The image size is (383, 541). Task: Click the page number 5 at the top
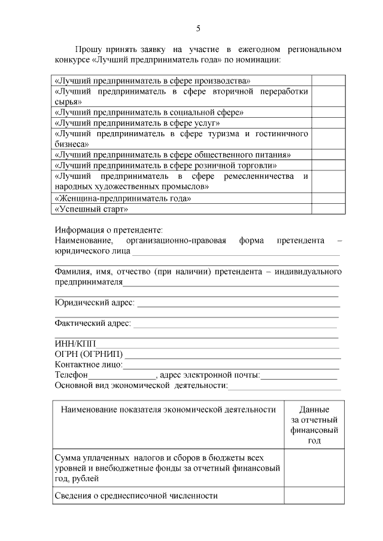click(x=198, y=28)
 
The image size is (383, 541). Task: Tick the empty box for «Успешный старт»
click(x=328, y=209)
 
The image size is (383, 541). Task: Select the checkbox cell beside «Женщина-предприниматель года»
click(x=328, y=198)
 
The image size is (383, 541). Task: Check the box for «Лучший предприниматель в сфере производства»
click(x=328, y=80)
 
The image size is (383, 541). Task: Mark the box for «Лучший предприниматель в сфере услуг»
click(x=328, y=123)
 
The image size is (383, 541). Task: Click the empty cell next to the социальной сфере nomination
click(x=328, y=112)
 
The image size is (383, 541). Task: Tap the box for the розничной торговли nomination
click(x=328, y=166)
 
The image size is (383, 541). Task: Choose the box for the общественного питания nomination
click(x=328, y=155)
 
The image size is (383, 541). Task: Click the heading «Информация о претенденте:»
click(x=109, y=230)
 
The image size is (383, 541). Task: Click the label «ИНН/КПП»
click(x=75, y=344)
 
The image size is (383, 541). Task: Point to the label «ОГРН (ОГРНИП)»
click(x=89, y=354)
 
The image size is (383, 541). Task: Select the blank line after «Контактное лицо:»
click(x=231, y=365)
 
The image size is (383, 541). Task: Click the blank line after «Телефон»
click(x=122, y=375)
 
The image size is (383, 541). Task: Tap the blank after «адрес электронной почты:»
click(x=299, y=375)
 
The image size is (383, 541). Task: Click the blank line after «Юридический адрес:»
click(x=238, y=303)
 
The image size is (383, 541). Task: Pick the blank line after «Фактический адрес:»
click(x=235, y=324)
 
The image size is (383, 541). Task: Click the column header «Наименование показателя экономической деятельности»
click(x=168, y=410)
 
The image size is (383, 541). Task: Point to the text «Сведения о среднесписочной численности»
click(x=135, y=496)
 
